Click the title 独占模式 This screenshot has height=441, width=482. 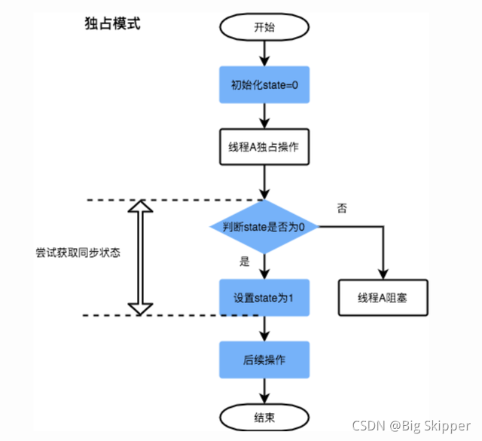112,23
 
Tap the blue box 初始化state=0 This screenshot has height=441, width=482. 264,85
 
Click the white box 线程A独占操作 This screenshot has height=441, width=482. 264,146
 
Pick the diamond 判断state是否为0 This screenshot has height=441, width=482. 264,226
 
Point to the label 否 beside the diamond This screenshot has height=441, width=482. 342,208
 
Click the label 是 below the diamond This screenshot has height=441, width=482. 243,262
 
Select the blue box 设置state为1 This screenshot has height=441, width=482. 264,297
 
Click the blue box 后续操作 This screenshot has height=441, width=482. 264,359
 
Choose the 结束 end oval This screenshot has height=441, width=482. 264,416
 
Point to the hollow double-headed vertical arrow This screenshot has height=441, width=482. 139,257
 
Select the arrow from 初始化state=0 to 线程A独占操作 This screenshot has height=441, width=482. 264,115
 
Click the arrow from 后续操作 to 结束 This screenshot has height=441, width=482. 264,390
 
